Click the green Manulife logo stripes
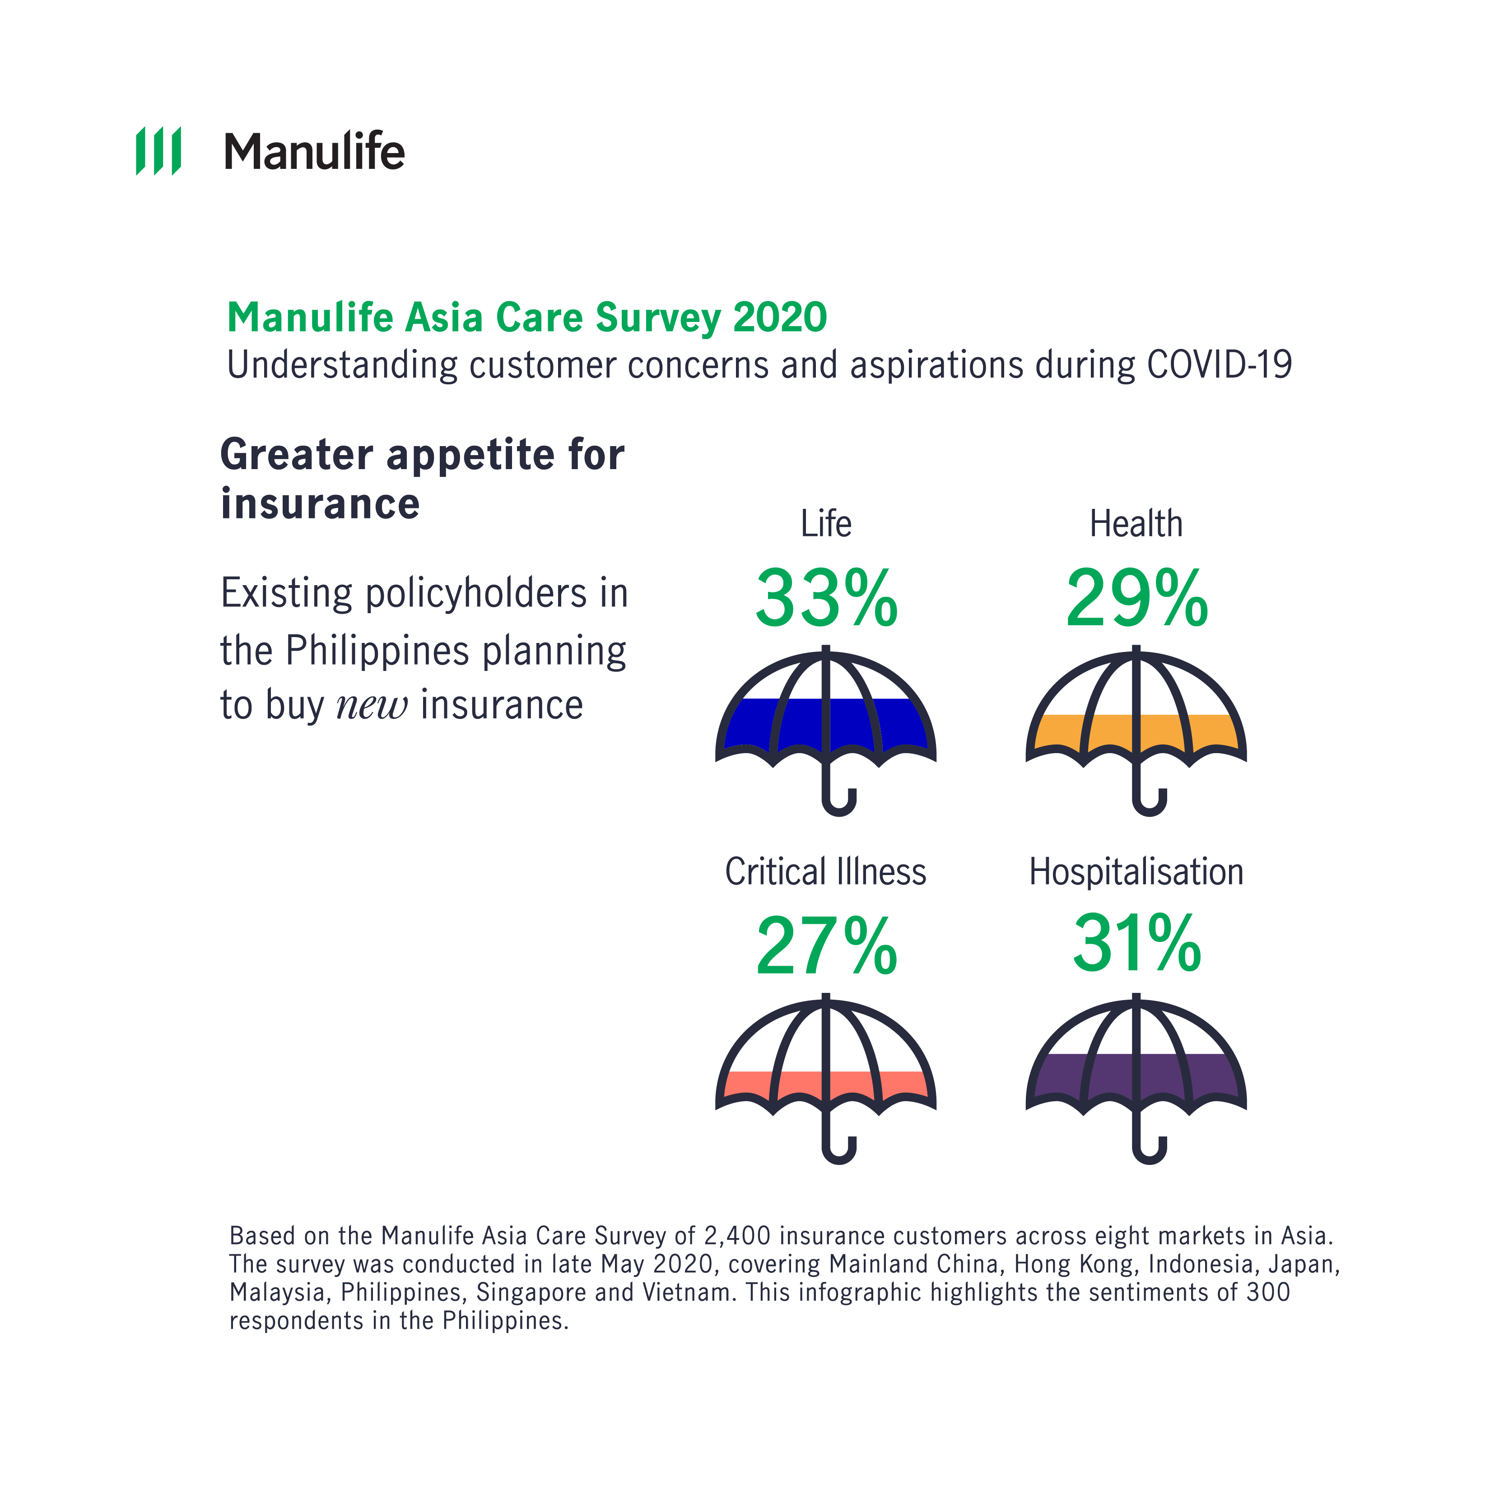(158, 151)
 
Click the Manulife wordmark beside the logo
(314, 151)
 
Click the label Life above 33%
(826, 524)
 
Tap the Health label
(1136, 524)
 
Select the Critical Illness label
(825, 872)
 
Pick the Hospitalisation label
(1136, 872)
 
